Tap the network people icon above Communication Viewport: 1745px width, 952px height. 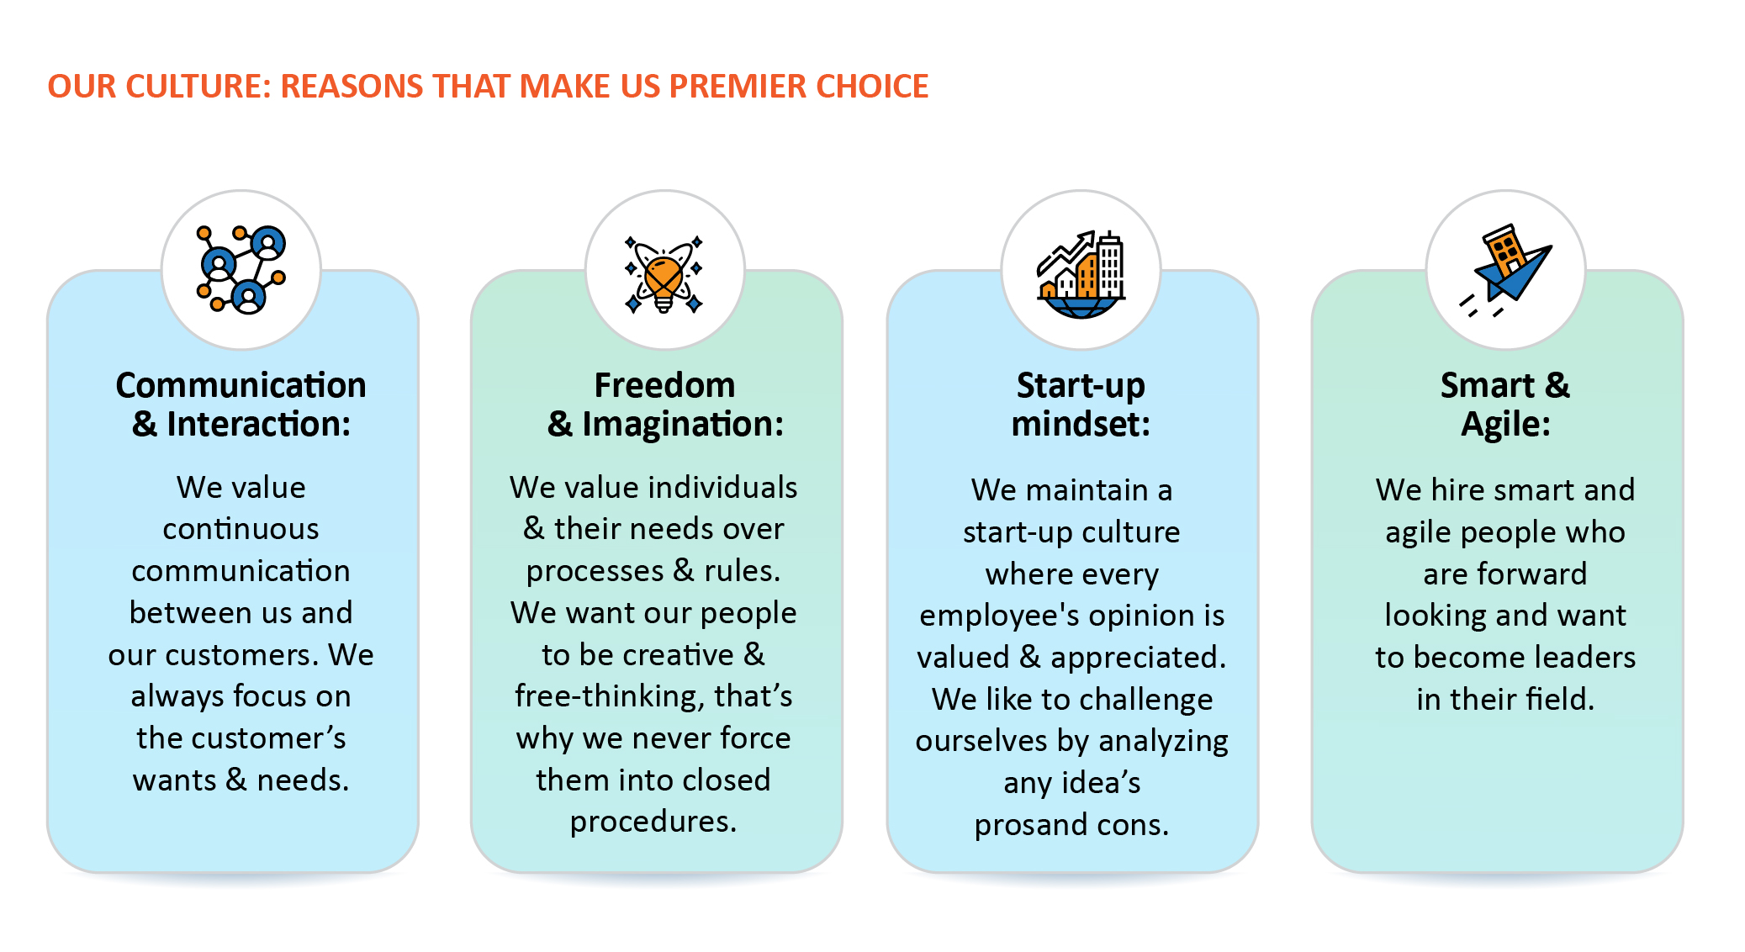pyautogui.click(x=241, y=269)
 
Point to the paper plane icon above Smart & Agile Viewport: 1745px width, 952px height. pyautogui.click(x=1505, y=271)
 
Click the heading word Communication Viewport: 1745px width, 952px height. pyautogui.click(x=241, y=385)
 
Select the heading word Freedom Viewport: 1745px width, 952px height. pyautogui.click(x=664, y=385)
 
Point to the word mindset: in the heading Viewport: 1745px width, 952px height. pyautogui.click(x=1081, y=424)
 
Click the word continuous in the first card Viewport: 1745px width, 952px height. pyautogui.click(x=241, y=529)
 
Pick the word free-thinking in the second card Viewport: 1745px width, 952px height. pyautogui.click(x=610, y=697)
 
